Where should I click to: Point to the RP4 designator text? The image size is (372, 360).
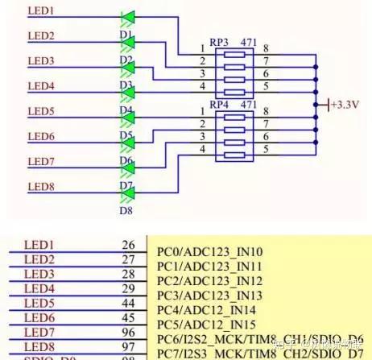click(219, 105)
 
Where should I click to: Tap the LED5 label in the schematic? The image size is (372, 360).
click(41, 111)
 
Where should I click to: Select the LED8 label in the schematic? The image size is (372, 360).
click(41, 187)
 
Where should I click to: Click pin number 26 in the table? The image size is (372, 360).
click(128, 244)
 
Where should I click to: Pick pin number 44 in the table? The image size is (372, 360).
click(128, 303)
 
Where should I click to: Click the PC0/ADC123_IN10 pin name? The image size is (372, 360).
click(209, 252)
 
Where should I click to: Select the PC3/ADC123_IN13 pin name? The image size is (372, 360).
click(209, 296)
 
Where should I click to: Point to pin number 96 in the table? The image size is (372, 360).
click(128, 332)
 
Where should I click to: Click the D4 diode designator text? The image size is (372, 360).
click(126, 110)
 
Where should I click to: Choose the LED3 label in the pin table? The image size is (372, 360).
click(39, 274)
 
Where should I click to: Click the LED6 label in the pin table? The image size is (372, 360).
click(39, 317)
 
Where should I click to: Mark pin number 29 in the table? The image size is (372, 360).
click(128, 288)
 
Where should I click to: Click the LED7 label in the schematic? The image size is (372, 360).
click(41, 162)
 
